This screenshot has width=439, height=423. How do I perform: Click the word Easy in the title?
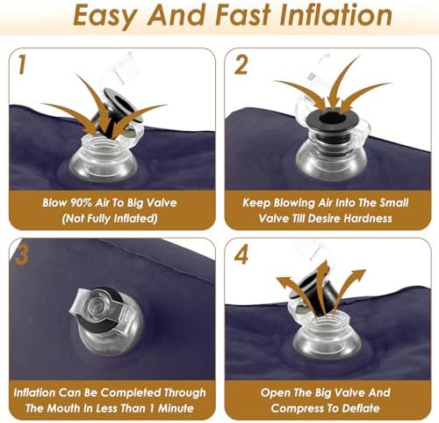104,16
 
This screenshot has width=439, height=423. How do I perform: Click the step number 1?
21,65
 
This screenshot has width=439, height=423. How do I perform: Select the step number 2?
241,65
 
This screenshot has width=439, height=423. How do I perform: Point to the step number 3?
22,255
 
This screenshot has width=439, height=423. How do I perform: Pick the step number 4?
241,255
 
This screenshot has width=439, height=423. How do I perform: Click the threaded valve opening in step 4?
327,325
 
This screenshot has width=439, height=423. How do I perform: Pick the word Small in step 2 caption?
394,203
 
